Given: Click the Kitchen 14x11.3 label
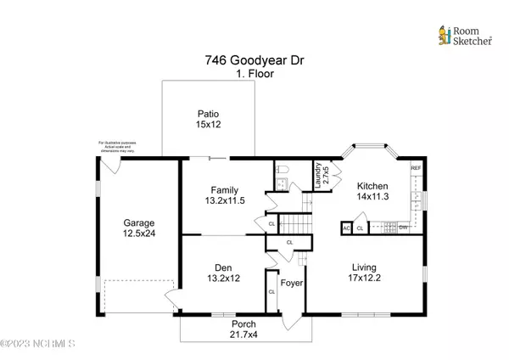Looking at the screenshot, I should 372,192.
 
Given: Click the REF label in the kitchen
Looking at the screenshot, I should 416,168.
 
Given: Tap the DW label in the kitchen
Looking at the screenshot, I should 404,228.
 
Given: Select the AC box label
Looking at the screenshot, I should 346,228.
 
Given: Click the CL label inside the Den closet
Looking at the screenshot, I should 271,292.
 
